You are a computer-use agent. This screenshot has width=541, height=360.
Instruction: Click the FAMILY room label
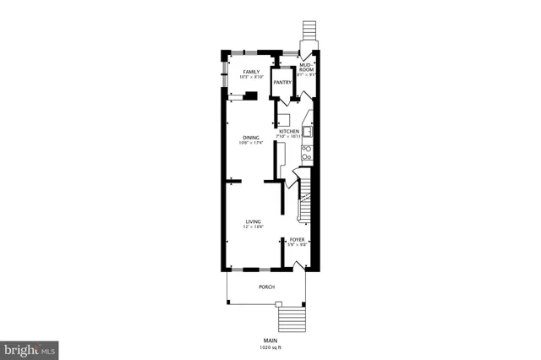251,72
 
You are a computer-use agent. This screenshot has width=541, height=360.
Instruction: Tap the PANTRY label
282,82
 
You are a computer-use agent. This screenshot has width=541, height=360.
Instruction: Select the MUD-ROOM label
307,66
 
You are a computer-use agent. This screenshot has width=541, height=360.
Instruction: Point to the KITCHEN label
290,132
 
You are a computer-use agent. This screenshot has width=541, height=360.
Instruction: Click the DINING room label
251,137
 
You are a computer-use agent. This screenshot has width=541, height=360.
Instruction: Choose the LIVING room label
253,221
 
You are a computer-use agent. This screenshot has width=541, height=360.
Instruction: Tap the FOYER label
298,239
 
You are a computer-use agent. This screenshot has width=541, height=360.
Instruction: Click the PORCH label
266,287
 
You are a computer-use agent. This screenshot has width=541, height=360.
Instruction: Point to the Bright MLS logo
30,347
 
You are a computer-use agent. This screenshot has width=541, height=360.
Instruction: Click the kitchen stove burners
307,153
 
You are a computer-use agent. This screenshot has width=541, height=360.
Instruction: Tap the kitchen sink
308,131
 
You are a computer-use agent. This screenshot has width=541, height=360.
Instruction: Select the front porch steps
291,319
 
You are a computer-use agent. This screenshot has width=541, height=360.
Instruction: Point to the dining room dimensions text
251,143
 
